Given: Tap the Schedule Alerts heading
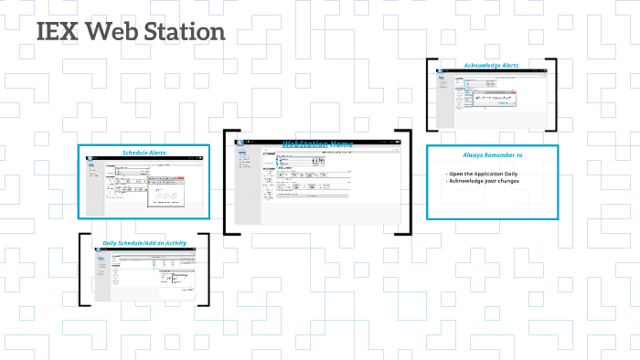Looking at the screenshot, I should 144,152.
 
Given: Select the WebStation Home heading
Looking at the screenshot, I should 316,143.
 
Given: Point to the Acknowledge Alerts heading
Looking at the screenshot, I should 491,66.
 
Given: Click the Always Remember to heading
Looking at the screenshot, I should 492,155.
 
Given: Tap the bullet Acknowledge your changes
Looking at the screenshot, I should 483,181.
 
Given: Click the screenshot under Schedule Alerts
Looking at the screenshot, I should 144,185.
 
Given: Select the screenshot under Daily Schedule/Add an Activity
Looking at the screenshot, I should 144,275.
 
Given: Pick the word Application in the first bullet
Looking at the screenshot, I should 491,173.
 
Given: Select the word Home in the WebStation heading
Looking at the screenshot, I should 340,143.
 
